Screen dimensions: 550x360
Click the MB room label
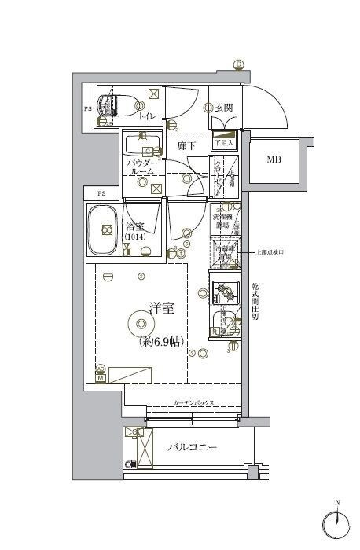[273, 160]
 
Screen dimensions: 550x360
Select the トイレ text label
[147, 117]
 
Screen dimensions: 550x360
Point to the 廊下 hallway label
[186, 146]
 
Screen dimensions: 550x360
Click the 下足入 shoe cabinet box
[224, 144]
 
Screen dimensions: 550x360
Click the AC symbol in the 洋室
[101, 368]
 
